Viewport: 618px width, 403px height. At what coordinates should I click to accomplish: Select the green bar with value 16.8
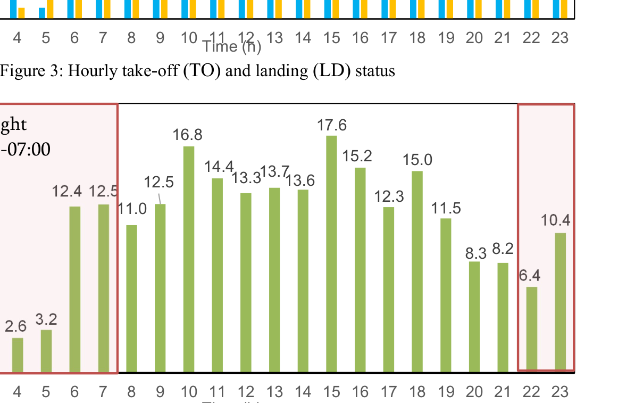[189, 259]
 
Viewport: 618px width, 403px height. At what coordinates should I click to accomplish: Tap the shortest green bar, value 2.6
[18, 355]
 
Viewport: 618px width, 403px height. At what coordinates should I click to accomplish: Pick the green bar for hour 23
[560, 301]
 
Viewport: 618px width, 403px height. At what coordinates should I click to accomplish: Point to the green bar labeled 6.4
[531, 328]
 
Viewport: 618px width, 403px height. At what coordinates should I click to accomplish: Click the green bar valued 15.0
[417, 271]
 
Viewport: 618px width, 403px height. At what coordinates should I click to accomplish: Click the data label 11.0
[132, 209]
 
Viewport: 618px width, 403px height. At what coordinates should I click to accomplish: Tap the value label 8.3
[476, 253]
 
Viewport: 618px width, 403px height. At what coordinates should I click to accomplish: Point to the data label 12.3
[389, 196]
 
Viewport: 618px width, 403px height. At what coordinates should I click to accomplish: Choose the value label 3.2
[46, 319]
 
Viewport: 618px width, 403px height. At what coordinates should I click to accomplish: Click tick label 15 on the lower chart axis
[331, 392]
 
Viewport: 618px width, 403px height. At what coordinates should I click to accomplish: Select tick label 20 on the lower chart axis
[474, 392]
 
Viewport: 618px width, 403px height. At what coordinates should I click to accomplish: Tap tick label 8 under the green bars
[131, 392]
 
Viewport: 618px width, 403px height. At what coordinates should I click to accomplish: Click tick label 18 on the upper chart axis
[417, 38]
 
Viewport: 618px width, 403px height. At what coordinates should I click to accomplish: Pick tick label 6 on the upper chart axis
[74, 38]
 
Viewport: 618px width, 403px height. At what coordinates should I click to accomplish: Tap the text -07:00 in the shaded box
[26, 150]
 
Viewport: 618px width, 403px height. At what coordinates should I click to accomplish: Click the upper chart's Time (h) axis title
[232, 47]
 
